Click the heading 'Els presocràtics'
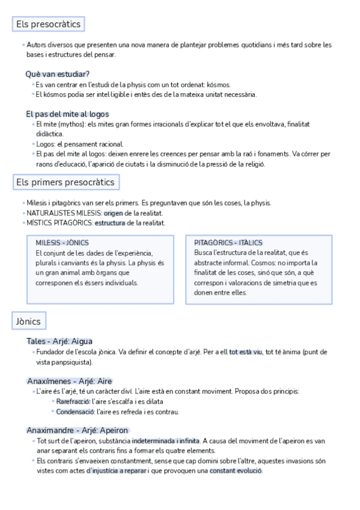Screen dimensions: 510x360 tap(47, 25)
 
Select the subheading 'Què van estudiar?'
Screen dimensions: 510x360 tap(58, 74)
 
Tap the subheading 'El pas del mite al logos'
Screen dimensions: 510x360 tap(67, 114)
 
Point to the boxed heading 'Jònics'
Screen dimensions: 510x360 tap(28, 322)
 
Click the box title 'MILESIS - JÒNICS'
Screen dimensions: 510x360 tap(63, 242)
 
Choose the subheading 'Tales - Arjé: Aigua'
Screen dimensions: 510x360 tap(59, 341)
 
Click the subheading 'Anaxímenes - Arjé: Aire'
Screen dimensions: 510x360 tap(70, 381)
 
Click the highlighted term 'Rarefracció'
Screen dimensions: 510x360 tap(73, 401)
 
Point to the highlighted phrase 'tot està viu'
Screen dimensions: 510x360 tap(246, 352)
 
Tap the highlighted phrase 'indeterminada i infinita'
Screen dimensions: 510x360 tap(166, 440)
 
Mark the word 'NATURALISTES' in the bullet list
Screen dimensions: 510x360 tap(50, 213)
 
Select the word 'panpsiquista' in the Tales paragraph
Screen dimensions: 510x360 tap(73, 362)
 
